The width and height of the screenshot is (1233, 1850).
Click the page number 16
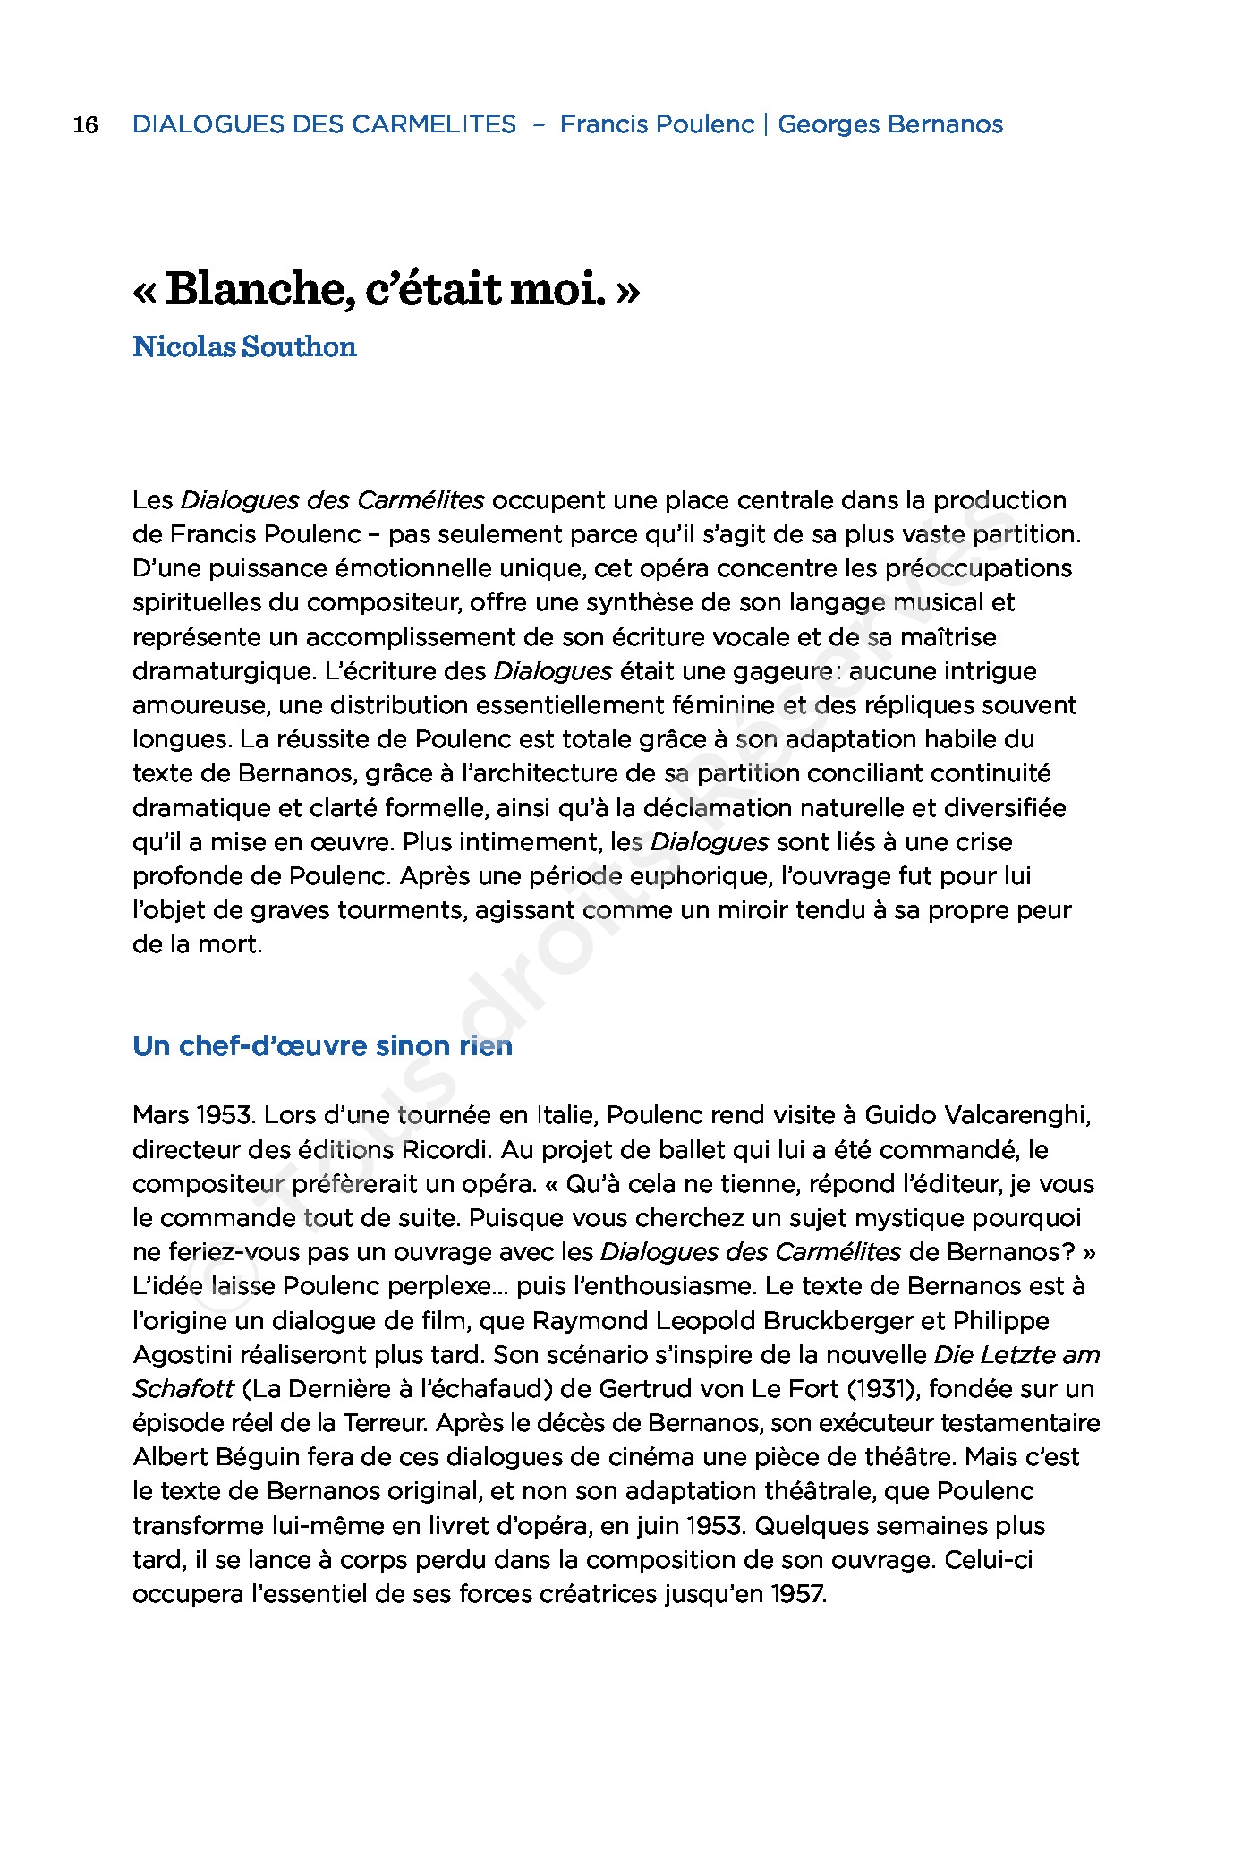pos(85,124)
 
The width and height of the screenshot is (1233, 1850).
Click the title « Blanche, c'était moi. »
pos(387,292)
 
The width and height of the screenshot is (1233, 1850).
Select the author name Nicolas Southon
pos(244,347)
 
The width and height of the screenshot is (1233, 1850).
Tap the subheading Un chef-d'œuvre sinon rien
pos(322,1045)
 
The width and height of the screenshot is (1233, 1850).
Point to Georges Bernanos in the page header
pos(890,124)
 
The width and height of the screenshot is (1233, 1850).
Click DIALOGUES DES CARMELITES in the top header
pos(324,124)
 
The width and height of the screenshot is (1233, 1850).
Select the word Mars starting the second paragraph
pos(160,1115)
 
